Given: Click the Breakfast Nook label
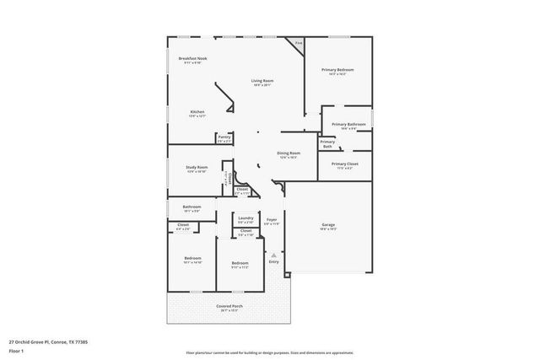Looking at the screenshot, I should [193, 58].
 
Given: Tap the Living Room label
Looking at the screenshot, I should [262, 81].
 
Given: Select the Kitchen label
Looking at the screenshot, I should [197, 112].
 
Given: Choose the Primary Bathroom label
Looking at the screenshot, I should [348, 125].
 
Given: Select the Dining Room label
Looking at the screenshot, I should [289, 153].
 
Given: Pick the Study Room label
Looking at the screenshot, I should [197, 168].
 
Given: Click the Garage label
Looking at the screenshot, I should [328, 225].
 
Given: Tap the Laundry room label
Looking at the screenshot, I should [246, 218].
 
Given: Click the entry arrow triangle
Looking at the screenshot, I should [273, 254].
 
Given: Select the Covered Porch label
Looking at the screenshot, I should [228, 306].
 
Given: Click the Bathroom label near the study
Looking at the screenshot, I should [192, 207].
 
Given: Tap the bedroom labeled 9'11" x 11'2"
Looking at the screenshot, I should [240, 264].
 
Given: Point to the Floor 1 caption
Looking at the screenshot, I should [16, 352].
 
